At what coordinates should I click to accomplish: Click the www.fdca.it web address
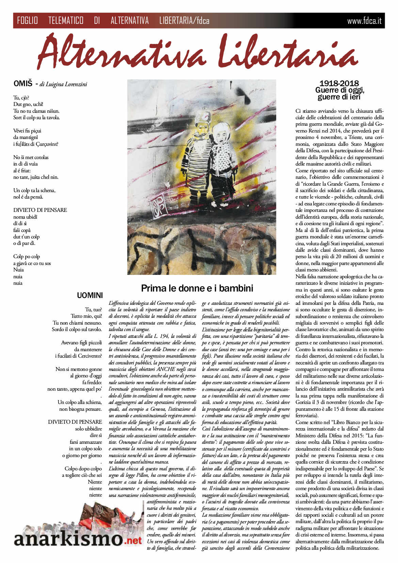364,21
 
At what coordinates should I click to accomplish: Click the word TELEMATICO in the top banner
66,21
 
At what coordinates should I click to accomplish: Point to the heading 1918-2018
339,83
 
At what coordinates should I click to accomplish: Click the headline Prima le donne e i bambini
197,288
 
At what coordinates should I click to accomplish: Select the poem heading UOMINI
90,296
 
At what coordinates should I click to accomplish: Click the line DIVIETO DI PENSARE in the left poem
40,210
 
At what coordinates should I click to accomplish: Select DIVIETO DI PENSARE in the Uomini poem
75,422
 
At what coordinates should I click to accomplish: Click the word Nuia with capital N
18,270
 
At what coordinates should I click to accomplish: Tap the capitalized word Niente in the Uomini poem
95,482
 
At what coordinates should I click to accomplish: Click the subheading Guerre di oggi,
339,90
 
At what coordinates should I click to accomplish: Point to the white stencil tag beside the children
160,206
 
